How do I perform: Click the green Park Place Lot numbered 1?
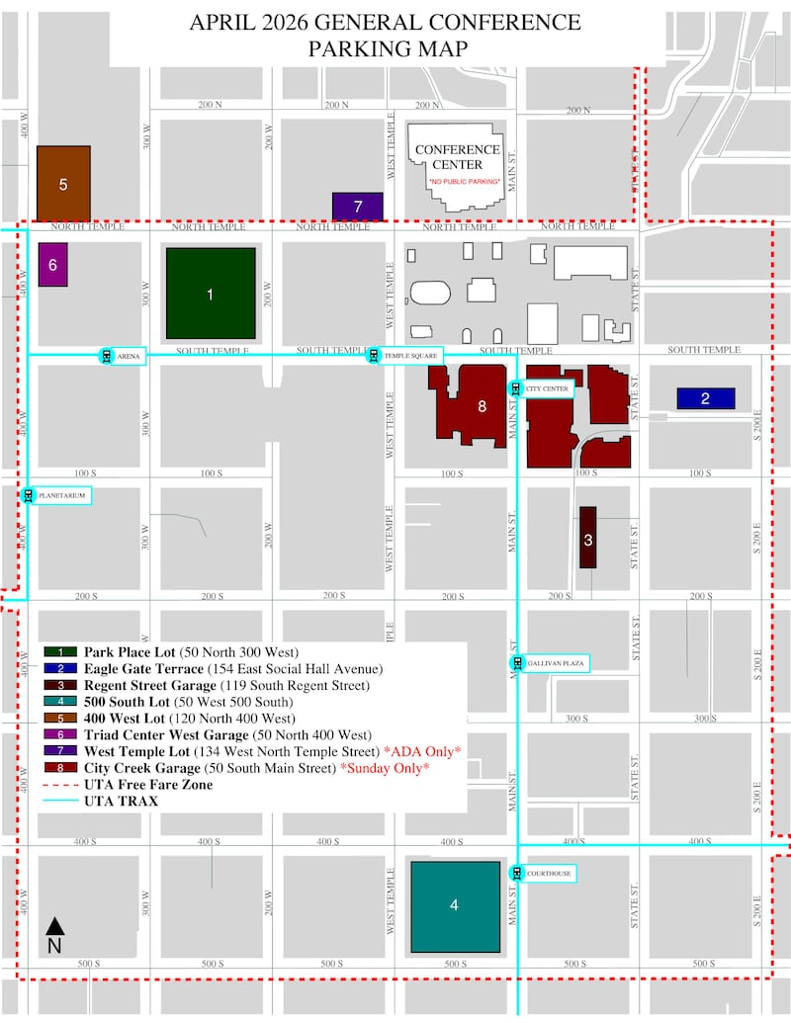pos(210,293)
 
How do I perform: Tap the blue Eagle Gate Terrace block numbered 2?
pos(705,398)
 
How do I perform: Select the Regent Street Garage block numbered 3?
pos(587,539)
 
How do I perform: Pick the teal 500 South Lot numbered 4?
pos(455,905)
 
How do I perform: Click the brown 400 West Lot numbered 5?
pos(63,184)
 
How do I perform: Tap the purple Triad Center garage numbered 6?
pos(53,265)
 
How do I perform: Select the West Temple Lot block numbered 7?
pos(357,207)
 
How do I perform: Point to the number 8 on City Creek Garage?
pos(482,405)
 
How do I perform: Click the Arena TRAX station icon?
pos(106,356)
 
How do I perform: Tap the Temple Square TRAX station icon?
pos(374,356)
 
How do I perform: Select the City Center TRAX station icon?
pos(514,388)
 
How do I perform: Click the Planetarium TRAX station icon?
pos(28,495)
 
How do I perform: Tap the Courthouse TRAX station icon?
pos(516,873)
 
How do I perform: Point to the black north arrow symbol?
pos(56,926)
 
